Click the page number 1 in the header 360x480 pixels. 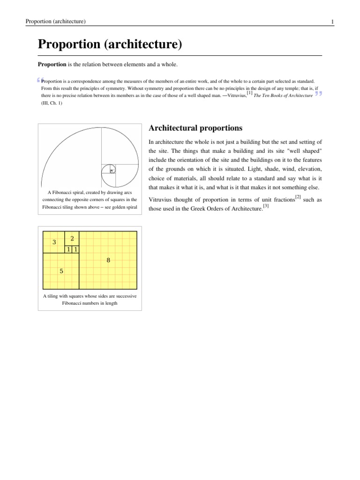coord(332,22)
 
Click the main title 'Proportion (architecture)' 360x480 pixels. coord(109,45)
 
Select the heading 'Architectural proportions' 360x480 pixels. coord(195,128)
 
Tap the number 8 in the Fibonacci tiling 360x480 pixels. coord(108,260)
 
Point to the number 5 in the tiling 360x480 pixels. coord(61,271)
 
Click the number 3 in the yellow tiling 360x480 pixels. coord(54,242)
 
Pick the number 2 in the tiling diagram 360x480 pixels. coord(72,239)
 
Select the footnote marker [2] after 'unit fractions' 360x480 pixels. coord(298,197)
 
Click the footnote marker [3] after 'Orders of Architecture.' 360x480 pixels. coord(265,206)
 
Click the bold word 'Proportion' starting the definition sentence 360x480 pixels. coord(52,64)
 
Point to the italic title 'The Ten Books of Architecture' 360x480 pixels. coord(283,95)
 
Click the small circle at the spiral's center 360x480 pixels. coord(111,171)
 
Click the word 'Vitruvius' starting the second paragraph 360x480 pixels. coord(161,200)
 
